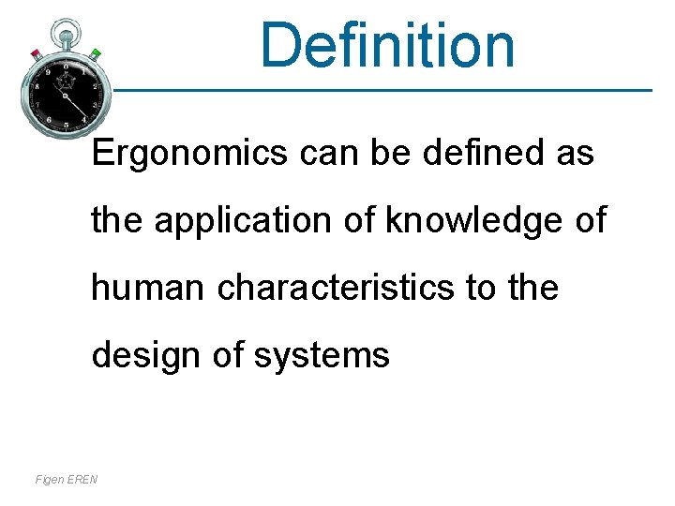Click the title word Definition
point(387,44)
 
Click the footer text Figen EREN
point(66,480)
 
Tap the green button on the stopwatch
point(95,53)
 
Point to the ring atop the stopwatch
point(65,31)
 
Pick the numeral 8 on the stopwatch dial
point(37,86)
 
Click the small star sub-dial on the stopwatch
point(66,82)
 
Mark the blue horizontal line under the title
point(375,91)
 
